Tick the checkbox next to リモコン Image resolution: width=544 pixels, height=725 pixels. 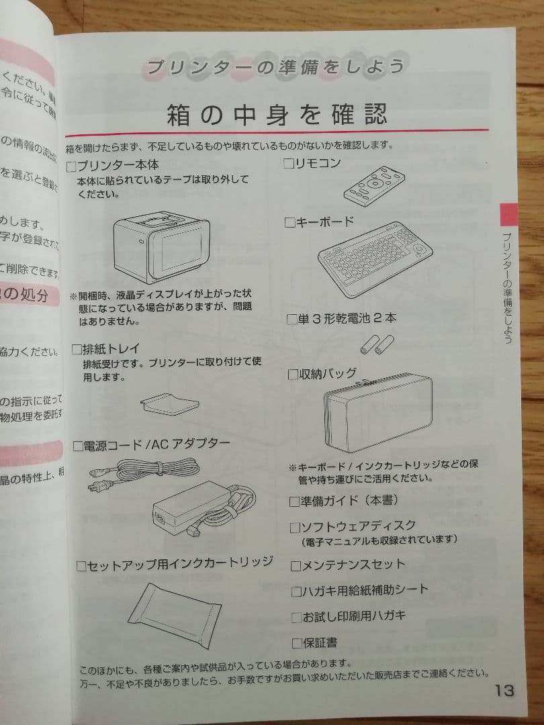tap(289, 163)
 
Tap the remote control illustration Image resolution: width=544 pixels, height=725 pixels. tap(374, 185)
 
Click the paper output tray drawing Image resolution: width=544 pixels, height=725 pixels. tap(169, 405)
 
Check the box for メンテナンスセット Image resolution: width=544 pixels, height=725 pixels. tap(296, 565)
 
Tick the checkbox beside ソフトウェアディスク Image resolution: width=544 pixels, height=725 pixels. tap(295, 526)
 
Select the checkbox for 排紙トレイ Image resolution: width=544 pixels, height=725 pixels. tap(77, 349)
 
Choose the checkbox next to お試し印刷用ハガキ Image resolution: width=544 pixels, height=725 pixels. tap(296, 616)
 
